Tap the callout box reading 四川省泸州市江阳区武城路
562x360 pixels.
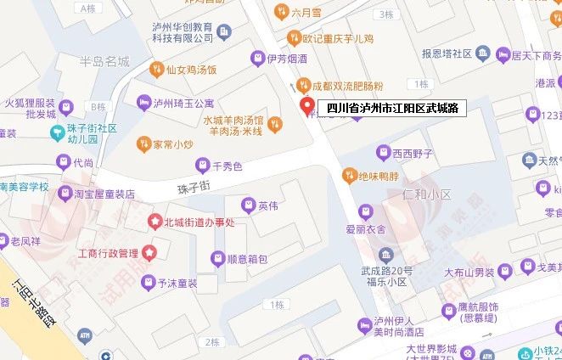[x=392, y=109]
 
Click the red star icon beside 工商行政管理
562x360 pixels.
[x=149, y=252]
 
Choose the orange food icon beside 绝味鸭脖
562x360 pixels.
[x=348, y=175]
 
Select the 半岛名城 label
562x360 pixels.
[x=104, y=61]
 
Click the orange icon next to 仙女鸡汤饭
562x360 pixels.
[x=156, y=69]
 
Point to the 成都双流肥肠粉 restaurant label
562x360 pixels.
[x=347, y=86]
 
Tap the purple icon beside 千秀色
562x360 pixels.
[x=202, y=165]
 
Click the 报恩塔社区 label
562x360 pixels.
[x=447, y=53]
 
